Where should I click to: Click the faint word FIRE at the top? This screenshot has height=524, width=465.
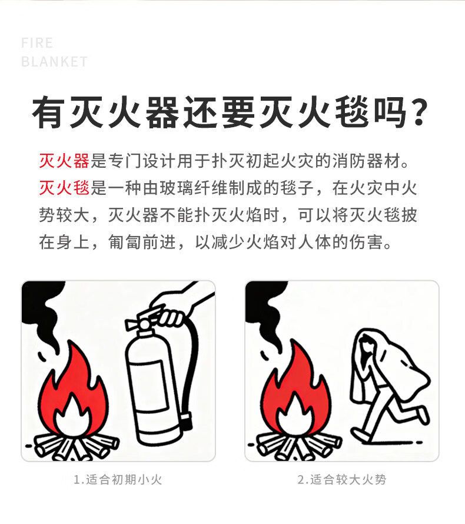37,43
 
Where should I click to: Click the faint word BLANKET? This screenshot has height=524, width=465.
55,62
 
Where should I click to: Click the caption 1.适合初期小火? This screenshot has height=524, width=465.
118,480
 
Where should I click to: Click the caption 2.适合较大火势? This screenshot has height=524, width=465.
342,480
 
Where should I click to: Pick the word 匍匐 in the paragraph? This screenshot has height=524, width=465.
125,242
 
